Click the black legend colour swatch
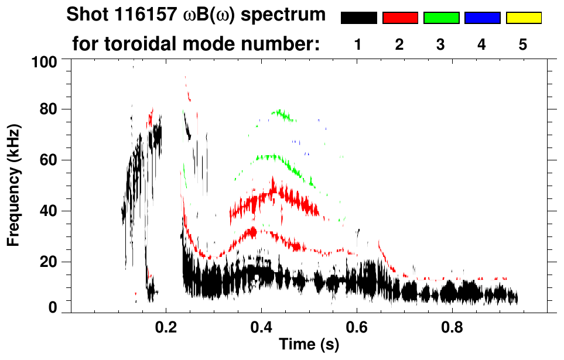[358, 18]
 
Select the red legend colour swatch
[400, 18]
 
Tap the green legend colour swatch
[441, 18]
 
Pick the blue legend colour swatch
[482, 18]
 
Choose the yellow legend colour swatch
[524, 18]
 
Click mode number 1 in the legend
[358, 45]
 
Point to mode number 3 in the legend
[441, 45]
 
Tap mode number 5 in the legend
[523, 45]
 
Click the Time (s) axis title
[308, 345]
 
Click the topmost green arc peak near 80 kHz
[280, 111]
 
